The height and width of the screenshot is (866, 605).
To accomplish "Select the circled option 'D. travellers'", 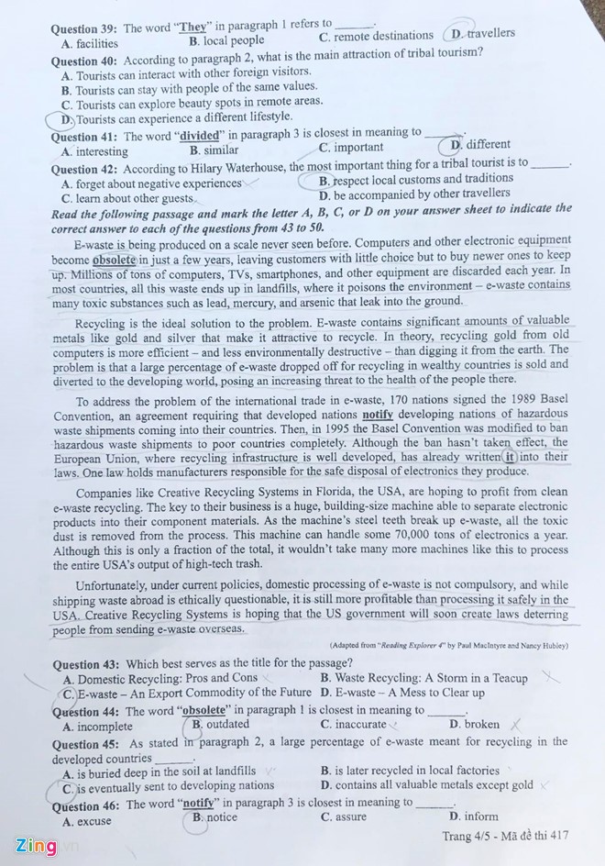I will [x=482, y=34].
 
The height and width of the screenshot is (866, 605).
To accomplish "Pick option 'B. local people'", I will [x=226, y=40].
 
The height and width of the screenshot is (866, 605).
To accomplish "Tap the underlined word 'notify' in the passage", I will [x=378, y=415].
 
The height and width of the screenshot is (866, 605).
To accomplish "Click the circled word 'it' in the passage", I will [x=510, y=457].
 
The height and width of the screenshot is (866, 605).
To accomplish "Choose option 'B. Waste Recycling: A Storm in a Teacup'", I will [x=423, y=678].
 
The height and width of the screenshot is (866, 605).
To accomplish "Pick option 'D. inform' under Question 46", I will [x=474, y=816].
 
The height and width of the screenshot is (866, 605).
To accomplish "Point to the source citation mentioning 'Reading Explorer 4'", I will [x=448, y=646].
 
